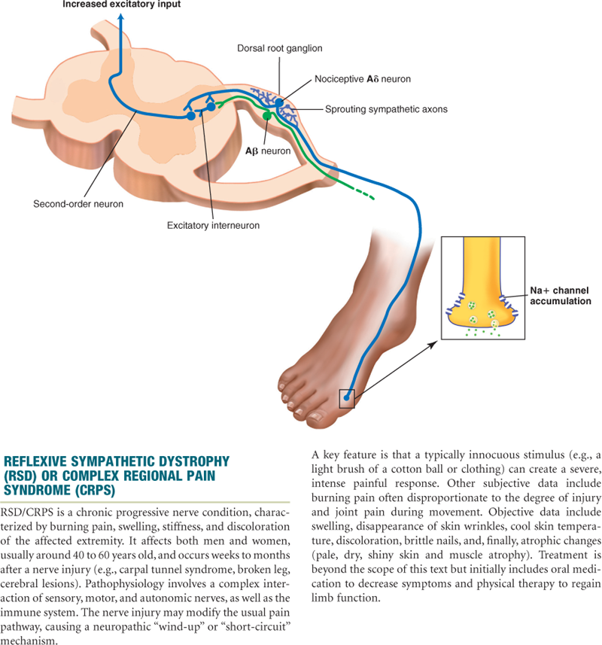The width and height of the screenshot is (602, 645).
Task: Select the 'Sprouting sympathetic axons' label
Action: (386, 109)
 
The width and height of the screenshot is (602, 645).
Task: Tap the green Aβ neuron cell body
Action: (266, 116)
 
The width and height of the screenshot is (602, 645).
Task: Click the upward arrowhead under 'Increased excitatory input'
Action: (121, 19)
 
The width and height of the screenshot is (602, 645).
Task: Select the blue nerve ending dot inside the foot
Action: (346, 396)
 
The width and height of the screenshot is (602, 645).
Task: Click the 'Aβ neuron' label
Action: (267, 151)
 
